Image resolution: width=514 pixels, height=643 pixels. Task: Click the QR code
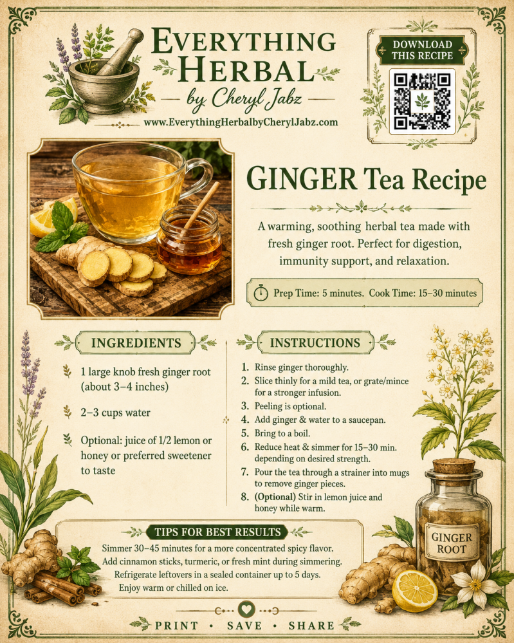pyautogui.click(x=422, y=101)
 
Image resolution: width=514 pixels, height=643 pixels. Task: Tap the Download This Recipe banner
pyautogui.click(x=422, y=50)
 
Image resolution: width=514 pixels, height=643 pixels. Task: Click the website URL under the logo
pyautogui.click(x=241, y=122)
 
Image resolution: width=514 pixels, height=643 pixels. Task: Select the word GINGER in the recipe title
pyautogui.click(x=301, y=178)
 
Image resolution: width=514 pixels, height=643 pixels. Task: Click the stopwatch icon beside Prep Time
pyautogui.click(x=261, y=293)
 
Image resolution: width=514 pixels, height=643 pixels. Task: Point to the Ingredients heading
pyautogui.click(x=136, y=343)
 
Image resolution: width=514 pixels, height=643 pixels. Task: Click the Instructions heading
pyautogui.click(x=315, y=343)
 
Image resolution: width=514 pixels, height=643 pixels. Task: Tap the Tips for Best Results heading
pyautogui.click(x=217, y=532)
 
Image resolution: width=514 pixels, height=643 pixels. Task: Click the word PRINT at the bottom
pyautogui.click(x=177, y=626)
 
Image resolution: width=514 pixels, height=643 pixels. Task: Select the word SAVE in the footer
pyautogui.click(x=244, y=626)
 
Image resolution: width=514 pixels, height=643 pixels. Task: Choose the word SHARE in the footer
pyautogui.click(x=311, y=626)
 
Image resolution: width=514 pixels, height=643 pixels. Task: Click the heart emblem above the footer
pyautogui.click(x=246, y=609)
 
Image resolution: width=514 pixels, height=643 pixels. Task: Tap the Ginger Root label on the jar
pyautogui.click(x=452, y=543)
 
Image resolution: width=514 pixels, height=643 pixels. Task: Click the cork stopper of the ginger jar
pyautogui.click(x=454, y=466)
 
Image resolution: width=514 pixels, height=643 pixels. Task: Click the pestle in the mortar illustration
pyautogui.click(x=120, y=52)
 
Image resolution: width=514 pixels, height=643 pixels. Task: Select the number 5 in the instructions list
pyautogui.click(x=245, y=433)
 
